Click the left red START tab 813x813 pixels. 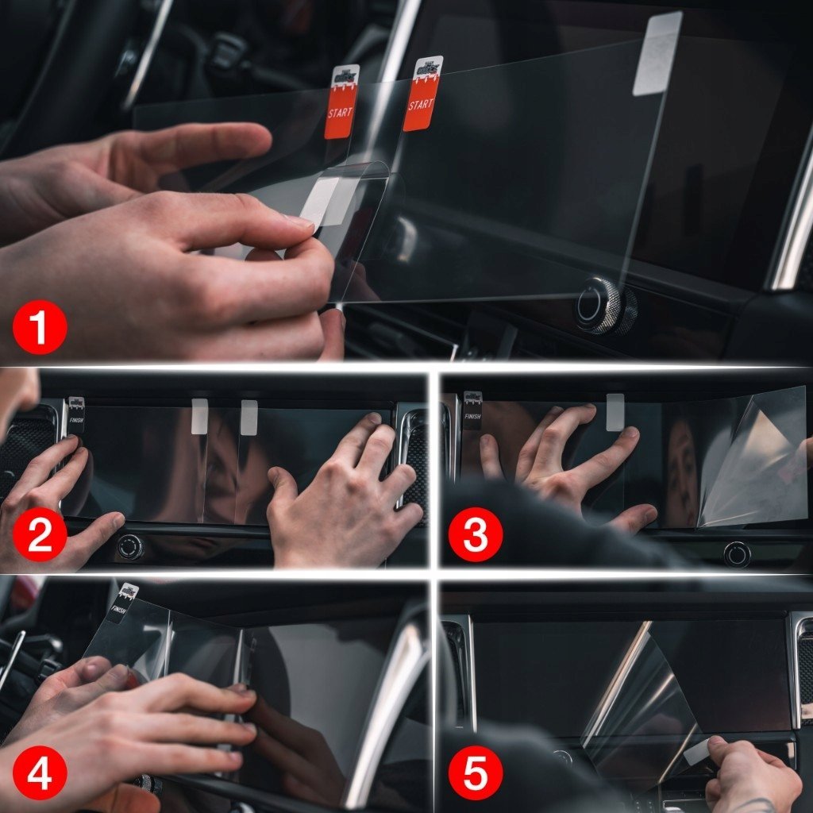point(341,103)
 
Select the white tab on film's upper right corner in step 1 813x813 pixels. point(657,54)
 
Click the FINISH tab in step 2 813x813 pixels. point(76,414)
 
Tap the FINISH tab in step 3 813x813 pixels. point(472,409)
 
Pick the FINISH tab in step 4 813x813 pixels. point(125,603)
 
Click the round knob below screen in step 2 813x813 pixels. point(130,546)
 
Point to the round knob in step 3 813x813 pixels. point(737,553)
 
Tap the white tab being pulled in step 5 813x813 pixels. point(696,750)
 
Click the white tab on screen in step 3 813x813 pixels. point(615,412)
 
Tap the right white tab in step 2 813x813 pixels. point(249,418)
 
